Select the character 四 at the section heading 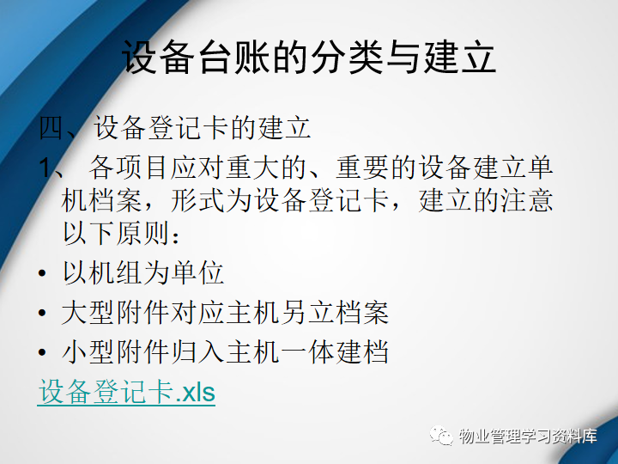[51, 127]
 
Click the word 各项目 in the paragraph [130, 168]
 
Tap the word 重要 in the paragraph [362, 168]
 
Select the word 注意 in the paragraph [526, 200]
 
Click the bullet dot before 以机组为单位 [42, 273]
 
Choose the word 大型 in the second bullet [88, 313]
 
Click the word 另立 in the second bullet [307, 313]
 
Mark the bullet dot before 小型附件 [42, 352]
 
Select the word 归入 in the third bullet [197, 351]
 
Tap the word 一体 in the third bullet [307, 351]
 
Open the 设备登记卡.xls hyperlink [126, 392]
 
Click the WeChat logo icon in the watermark [441, 435]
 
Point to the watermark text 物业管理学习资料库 [527, 436]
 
